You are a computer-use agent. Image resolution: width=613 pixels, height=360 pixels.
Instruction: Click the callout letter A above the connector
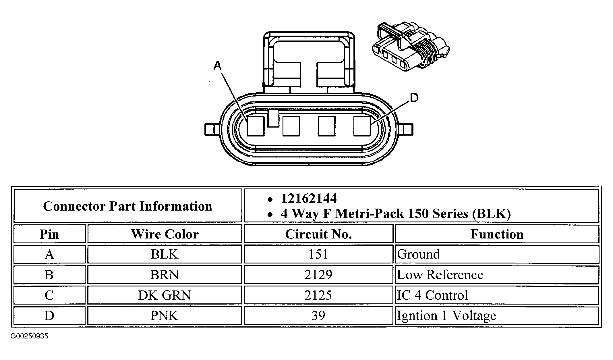tap(218, 66)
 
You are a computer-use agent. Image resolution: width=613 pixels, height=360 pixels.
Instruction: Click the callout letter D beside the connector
tap(414, 98)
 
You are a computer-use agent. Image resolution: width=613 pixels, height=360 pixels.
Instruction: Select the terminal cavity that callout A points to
tap(256, 126)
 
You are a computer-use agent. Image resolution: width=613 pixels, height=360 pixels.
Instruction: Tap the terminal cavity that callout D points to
tap(362, 126)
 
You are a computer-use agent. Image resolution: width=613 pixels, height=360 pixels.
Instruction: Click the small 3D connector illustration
tap(411, 46)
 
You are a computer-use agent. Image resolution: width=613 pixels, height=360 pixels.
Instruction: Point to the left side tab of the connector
tap(212, 129)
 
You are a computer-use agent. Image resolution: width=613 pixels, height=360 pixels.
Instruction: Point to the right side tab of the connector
tap(405, 129)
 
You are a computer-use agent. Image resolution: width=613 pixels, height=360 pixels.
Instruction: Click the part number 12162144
tap(309, 199)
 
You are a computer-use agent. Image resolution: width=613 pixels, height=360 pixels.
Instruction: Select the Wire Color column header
tap(165, 234)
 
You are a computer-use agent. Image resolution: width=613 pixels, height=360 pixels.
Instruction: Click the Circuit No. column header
tap(318, 234)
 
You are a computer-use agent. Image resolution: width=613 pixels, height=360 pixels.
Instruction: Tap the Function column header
tap(497, 234)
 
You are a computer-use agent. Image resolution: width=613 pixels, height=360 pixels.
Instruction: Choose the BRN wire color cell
tap(165, 275)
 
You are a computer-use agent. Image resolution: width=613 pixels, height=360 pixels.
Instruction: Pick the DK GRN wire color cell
tap(165, 295)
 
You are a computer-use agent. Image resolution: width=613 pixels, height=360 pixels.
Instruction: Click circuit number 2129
tap(318, 275)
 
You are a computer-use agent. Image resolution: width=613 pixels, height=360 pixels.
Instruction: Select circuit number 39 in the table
tap(318, 316)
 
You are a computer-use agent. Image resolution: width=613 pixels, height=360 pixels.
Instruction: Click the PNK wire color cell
tap(165, 316)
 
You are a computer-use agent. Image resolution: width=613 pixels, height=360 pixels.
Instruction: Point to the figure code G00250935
tap(30, 336)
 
